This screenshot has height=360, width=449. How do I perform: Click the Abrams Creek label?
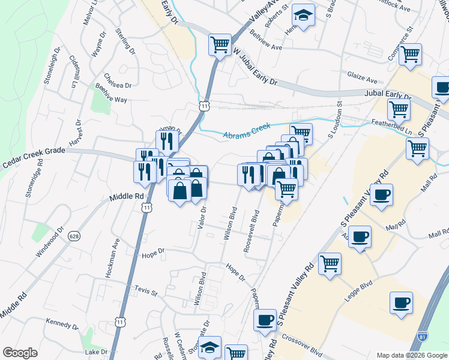(247, 131)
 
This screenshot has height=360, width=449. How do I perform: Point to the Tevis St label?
(146, 292)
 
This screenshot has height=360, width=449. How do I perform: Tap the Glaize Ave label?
(362, 78)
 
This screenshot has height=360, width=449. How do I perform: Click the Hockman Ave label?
(113, 256)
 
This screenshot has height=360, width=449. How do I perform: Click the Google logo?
(20, 352)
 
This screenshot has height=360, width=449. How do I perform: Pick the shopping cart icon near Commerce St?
(411, 55)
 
